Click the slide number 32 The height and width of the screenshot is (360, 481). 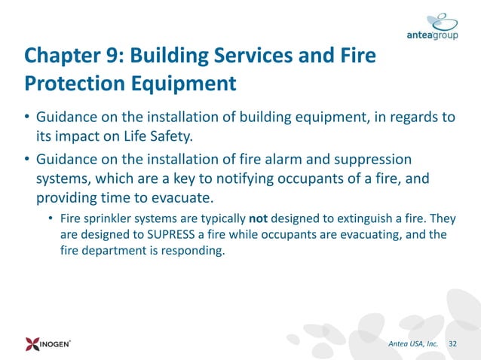[x=452, y=344]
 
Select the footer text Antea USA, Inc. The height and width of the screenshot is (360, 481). [x=413, y=344]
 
